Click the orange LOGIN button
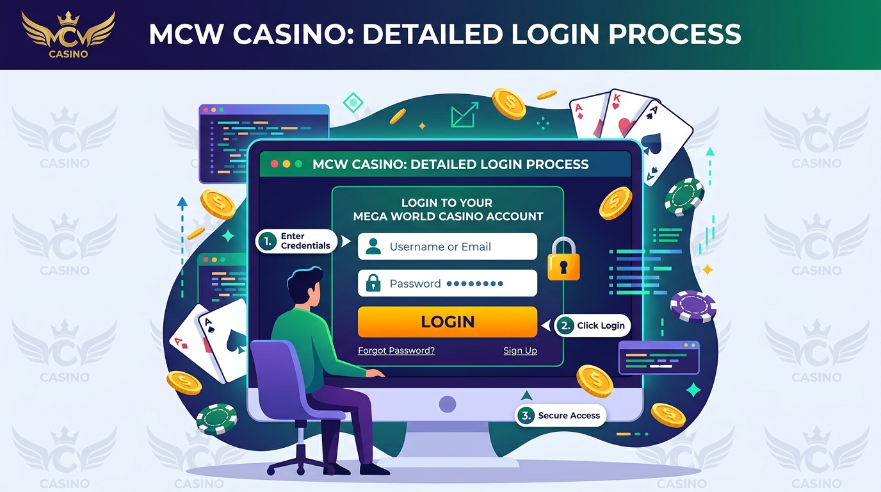click(x=447, y=322)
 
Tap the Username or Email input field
click(x=447, y=247)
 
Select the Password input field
click(x=447, y=283)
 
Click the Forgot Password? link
click(x=396, y=350)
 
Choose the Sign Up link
click(x=520, y=350)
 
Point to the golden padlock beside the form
click(x=563, y=259)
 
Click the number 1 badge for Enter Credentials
click(x=268, y=242)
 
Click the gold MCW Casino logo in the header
click(x=69, y=35)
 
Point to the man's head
click(x=305, y=285)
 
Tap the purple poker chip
click(x=693, y=306)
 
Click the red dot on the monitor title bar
click(x=275, y=164)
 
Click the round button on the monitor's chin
click(x=447, y=404)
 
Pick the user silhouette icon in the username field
click(x=373, y=247)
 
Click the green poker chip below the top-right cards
click(x=684, y=197)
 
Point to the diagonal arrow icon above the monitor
click(x=464, y=115)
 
